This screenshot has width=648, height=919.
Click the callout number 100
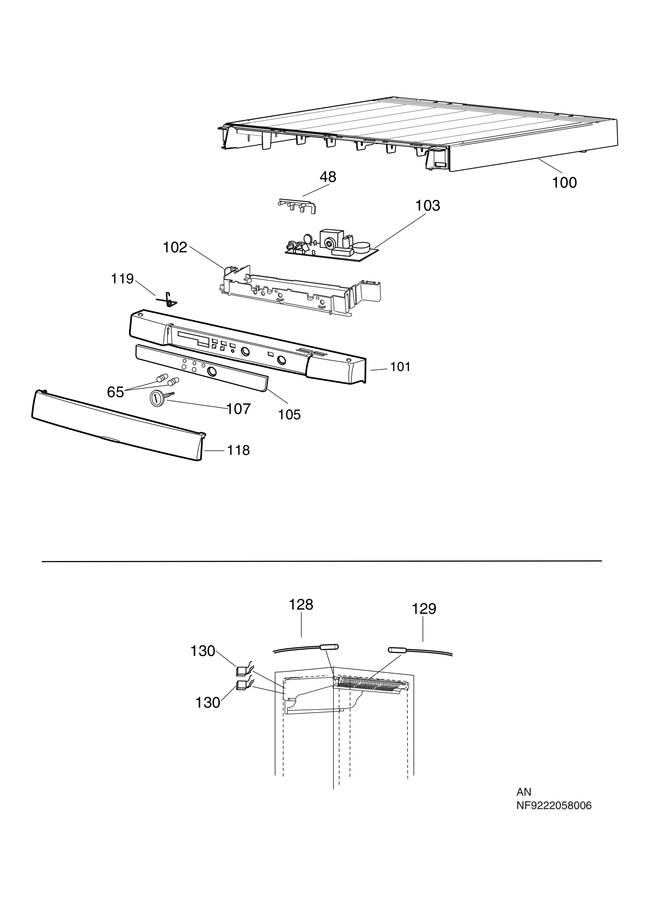[x=564, y=183]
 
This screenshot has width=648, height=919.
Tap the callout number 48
[x=328, y=177]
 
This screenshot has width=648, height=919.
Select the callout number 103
[x=428, y=206]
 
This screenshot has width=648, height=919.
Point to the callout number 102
[x=175, y=248]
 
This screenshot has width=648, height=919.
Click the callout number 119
[x=122, y=279]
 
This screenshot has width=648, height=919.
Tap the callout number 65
[x=115, y=392]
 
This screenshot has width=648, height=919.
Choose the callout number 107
[x=239, y=409]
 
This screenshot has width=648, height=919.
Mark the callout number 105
[x=290, y=415]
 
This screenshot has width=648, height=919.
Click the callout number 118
[x=239, y=451]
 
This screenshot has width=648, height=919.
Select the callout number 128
[x=301, y=605]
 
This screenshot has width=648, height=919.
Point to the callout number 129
[x=424, y=609]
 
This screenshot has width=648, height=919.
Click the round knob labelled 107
[x=156, y=399]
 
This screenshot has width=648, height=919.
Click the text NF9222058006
[x=554, y=806]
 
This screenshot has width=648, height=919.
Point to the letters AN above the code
[x=523, y=792]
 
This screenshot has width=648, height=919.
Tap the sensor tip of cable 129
[x=397, y=651]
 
